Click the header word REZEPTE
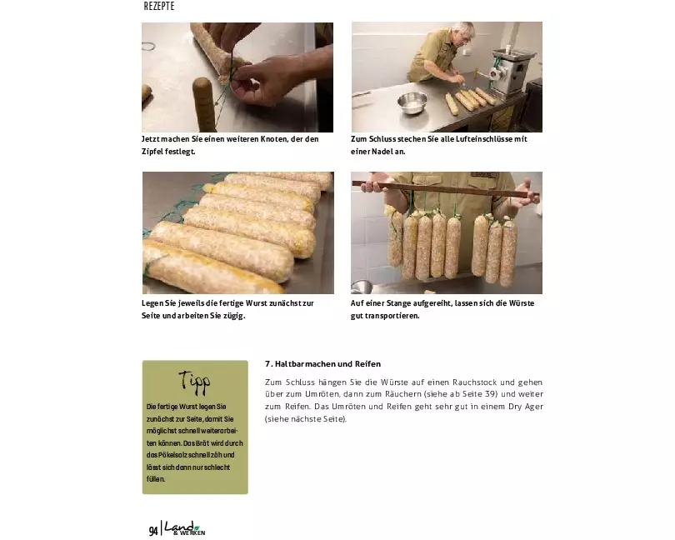(x=159, y=6)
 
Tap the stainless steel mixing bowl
(x=412, y=103)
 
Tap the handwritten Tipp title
(x=194, y=382)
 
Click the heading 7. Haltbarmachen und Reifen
(x=322, y=364)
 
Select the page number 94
(x=153, y=531)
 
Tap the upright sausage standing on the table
(x=204, y=105)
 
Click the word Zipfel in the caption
(x=152, y=152)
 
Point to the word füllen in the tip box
(x=155, y=479)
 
